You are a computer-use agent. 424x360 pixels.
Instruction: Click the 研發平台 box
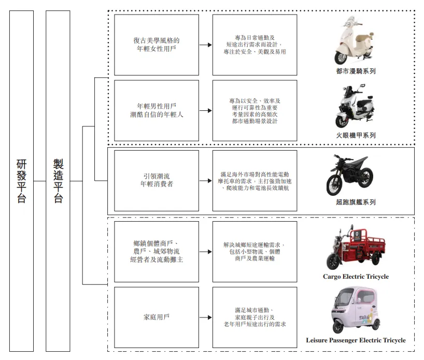click(x=21, y=181)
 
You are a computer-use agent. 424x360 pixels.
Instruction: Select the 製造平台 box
click(x=58, y=181)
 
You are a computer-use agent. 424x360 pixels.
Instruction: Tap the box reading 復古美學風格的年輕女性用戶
click(x=156, y=45)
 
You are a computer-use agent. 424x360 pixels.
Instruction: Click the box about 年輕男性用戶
click(x=156, y=110)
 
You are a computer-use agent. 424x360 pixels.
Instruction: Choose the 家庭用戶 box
click(x=156, y=316)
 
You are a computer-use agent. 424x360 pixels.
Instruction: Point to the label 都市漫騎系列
click(x=356, y=71)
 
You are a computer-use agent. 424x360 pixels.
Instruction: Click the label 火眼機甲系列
click(x=356, y=135)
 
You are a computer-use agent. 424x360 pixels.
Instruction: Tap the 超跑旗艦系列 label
click(x=356, y=202)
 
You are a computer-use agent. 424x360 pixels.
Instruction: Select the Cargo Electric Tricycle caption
click(x=356, y=277)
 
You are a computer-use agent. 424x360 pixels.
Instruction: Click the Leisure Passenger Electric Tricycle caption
click(x=356, y=340)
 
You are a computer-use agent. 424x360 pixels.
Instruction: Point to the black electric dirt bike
click(x=354, y=176)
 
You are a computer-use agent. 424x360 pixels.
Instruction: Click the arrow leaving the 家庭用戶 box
click(x=206, y=316)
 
